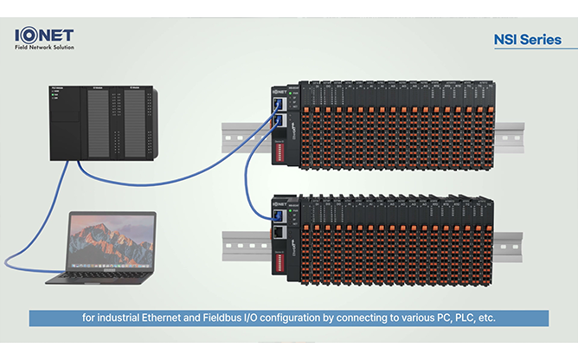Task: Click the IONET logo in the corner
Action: tap(44, 35)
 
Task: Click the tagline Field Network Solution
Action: tap(45, 47)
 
